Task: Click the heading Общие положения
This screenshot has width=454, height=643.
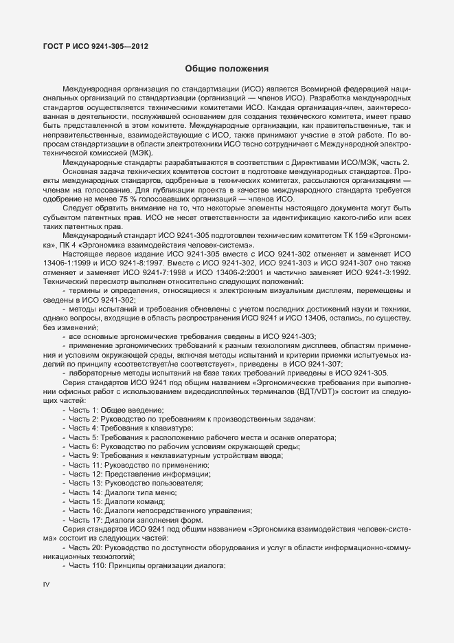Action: coord(227,69)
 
